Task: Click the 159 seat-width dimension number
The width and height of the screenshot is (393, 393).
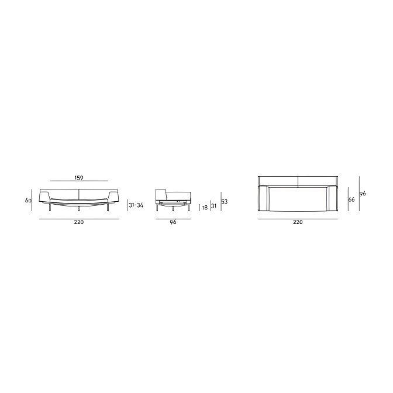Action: (79, 178)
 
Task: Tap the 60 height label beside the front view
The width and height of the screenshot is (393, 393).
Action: (28, 200)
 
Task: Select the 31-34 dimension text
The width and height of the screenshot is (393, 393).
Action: (136, 205)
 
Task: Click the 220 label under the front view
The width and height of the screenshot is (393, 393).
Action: (79, 222)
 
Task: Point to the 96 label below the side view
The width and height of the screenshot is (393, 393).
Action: (173, 222)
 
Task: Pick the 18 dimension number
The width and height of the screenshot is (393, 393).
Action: (205, 208)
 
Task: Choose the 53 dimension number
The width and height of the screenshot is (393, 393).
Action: (225, 202)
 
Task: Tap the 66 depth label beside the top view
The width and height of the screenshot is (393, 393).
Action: (351, 199)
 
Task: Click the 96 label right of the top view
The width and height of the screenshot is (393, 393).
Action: (363, 194)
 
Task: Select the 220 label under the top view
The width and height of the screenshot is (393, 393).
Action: (298, 222)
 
